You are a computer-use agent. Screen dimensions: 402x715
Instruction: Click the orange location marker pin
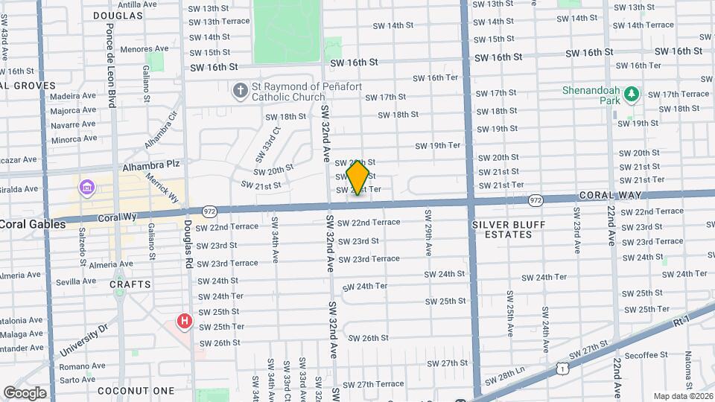(x=358, y=177)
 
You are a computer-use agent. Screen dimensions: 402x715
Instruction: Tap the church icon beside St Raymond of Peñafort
(x=240, y=92)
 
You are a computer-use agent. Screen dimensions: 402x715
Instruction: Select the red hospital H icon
(x=184, y=322)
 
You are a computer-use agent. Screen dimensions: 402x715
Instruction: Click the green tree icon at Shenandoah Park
(x=632, y=94)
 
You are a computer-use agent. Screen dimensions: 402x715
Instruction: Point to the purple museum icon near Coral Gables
(x=88, y=185)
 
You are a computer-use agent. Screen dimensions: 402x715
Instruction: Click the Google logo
(x=24, y=392)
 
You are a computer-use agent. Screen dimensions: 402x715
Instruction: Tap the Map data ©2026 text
(x=682, y=395)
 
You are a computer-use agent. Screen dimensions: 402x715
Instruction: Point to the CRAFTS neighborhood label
(x=130, y=284)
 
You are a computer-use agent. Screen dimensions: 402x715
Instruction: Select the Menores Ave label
(x=139, y=49)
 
